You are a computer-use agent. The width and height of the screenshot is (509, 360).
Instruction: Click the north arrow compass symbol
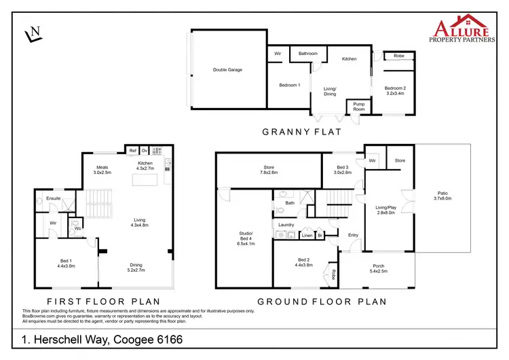pyautogui.click(x=33, y=33)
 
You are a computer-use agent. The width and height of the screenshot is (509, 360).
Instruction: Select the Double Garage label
pyautogui.click(x=227, y=69)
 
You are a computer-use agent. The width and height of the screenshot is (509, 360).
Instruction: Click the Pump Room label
pyautogui.click(x=359, y=107)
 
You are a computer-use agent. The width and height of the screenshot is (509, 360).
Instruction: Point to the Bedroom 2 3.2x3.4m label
pyautogui.click(x=394, y=91)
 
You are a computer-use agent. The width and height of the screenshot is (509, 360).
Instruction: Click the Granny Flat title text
pyautogui.click(x=301, y=132)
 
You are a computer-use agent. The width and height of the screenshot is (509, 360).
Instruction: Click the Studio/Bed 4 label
pyautogui.click(x=246, y=239)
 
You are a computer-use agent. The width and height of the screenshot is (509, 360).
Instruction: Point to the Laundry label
pyautogui.click(x=285, y=224)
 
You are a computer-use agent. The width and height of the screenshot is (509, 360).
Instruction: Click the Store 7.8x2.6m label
pyautogui.click(x=269, y=170)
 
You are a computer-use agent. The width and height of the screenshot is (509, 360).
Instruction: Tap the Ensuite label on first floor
pyautogui.click(x=54, y=199)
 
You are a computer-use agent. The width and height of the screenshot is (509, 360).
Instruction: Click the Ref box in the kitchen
pyautogui.click(x=132, y=150)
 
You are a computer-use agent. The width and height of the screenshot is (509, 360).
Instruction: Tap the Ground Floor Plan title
pyautogui.click(x=322, y=301)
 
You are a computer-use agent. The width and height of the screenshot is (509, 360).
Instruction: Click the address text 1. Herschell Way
pyautogui.click(x=102, y=339)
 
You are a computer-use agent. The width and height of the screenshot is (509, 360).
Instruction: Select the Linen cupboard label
pyautogui.click(x=307, y=235)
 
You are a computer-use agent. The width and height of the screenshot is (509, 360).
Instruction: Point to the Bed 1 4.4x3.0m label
pyautogui.click(x=65, y=264)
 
